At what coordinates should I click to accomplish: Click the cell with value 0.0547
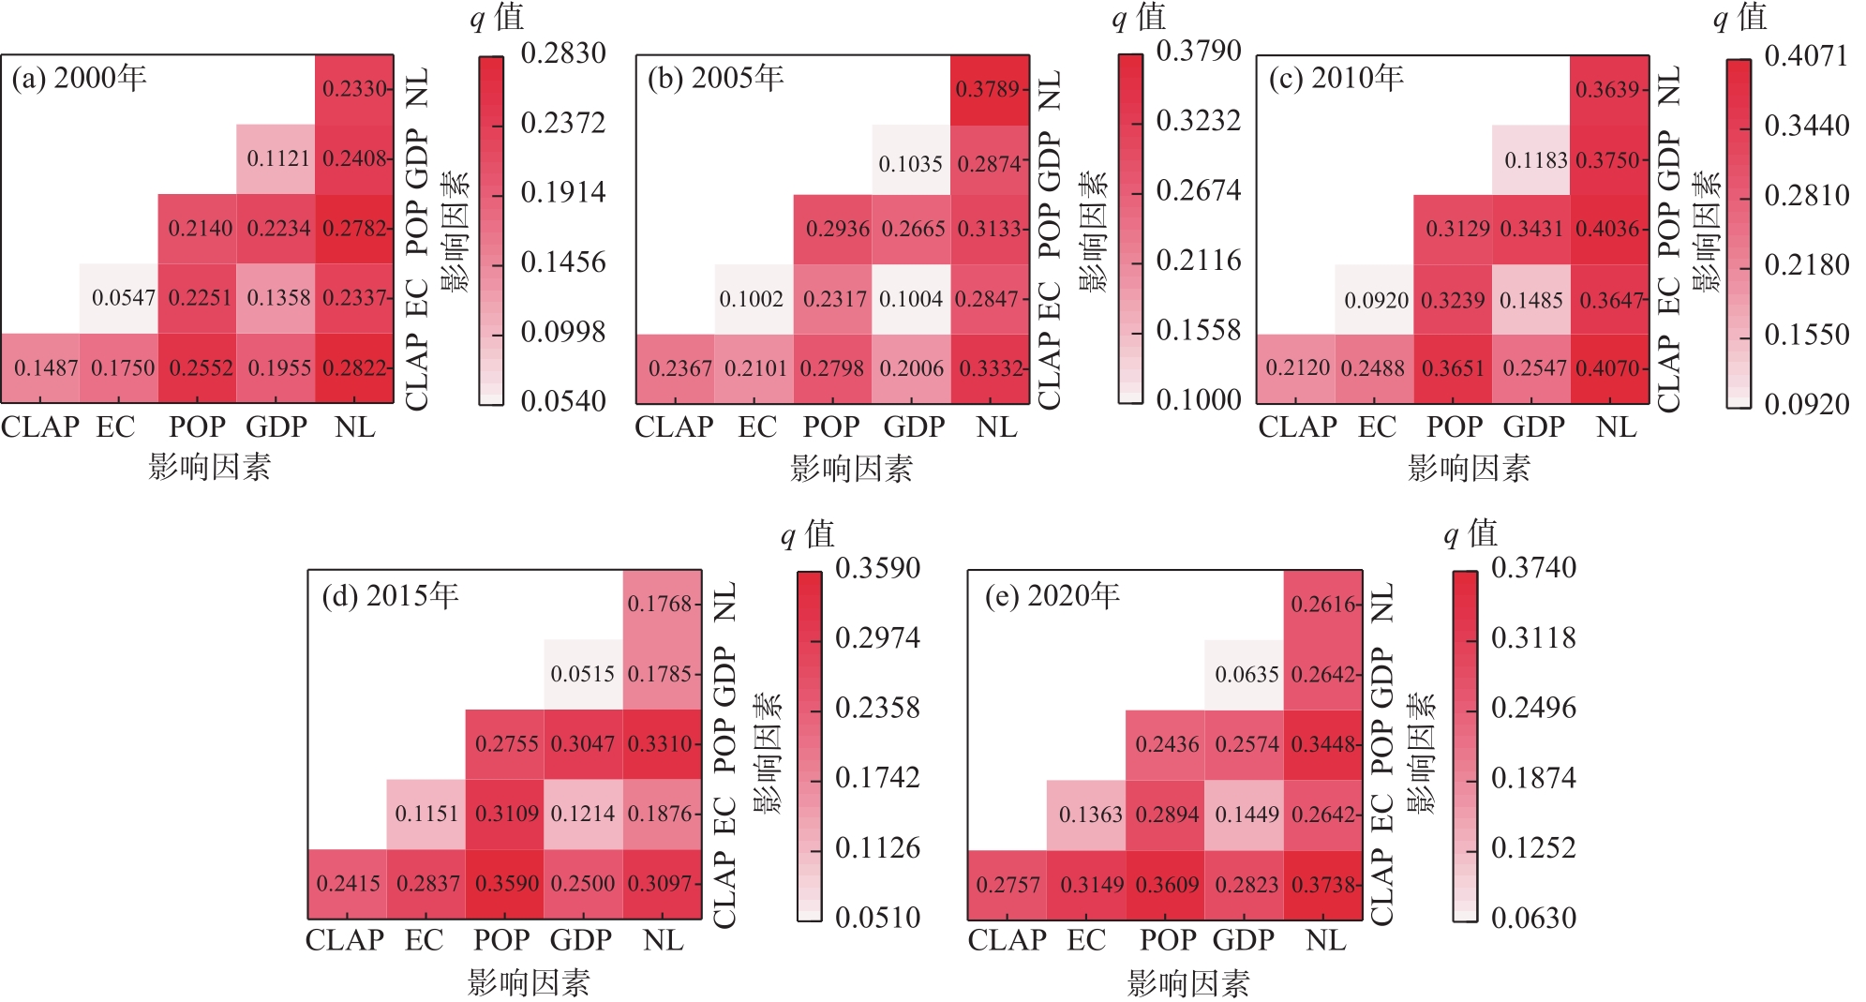[x=123, y=298]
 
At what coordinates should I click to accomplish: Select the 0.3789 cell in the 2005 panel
[x=988, y=89]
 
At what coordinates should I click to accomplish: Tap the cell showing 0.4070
[x=1608, y=368]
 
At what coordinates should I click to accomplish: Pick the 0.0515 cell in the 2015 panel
[x=582, y=674]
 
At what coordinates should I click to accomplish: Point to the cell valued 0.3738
[x=1322, y=885]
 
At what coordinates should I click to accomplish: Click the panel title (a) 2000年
[x=80, y=78]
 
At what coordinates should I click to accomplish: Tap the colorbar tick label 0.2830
[x=563, y=53]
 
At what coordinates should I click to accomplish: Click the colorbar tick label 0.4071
[x=1806, y=56]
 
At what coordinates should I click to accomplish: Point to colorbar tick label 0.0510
[x=877, y=918]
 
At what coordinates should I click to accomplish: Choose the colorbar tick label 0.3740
[x=1533, y=568]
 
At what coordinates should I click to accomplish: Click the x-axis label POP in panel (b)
[x=830, y=427]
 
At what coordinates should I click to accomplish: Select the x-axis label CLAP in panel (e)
[x=1007, y=940]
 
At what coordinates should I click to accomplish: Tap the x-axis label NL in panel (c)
[x=1616, y=427]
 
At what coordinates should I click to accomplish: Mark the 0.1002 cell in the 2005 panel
[x=751, y=299]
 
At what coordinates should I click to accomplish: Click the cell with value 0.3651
[x=1453, y=368]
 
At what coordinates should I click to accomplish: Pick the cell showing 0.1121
[x=277, y=158]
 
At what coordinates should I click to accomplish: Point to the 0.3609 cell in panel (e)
[x=1167, y=885]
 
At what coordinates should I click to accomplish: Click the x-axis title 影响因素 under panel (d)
[x=529, y=982]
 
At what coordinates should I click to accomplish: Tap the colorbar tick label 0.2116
[x=1199, y=261]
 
